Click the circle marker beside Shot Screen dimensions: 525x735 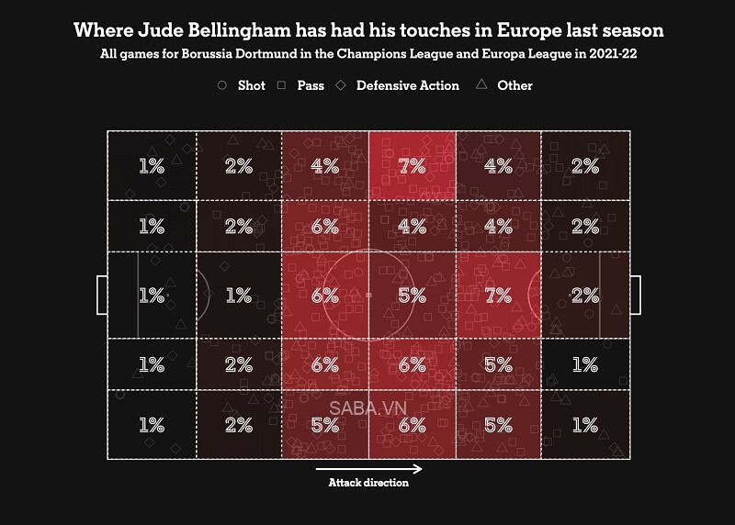click(221, 85)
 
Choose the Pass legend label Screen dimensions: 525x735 click(311, 85)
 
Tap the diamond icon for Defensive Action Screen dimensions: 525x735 click(341, 85)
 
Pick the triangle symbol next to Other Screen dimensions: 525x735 click(481, 85)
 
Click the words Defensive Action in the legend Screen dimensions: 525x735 click(408, 85)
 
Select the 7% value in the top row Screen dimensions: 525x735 click(413, 166)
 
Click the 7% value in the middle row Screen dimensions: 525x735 click(499, 296)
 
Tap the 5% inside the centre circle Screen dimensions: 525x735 click(413, 296)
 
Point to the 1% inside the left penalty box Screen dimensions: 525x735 click(152, 296)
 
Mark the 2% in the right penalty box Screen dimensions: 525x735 click(585, 296)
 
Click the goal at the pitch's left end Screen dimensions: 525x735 click(101, 296)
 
